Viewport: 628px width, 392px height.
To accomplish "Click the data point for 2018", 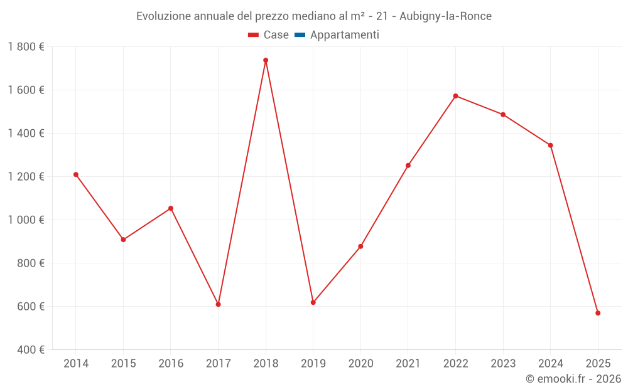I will click(266, 60).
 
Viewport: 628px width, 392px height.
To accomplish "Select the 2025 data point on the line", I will click(598, 313).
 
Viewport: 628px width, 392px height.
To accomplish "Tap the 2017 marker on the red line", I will click(218, 304).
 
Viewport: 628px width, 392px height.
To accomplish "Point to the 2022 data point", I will click(455, 96).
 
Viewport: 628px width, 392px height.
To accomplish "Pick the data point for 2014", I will click(76, 174).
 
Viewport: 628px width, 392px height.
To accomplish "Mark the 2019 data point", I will click(313, 302).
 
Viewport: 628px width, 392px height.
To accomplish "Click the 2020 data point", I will click(360, 246).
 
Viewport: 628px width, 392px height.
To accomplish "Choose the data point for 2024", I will click(550, 146).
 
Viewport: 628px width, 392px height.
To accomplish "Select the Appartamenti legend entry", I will click(344, 35).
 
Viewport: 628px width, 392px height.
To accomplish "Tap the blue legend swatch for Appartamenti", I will click(300, 35).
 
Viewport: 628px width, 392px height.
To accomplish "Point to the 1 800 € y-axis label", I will click(26, 47).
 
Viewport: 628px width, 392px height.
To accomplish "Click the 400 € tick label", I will click(30, 350).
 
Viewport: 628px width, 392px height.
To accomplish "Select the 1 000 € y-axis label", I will click(26, 220).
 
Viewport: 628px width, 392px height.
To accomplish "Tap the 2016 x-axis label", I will click(171, 364).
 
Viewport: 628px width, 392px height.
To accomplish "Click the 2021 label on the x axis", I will click(408, 364).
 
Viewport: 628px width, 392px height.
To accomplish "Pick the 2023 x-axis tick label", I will click(503, 364).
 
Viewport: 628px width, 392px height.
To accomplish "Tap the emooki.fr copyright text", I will click(573, 379).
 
